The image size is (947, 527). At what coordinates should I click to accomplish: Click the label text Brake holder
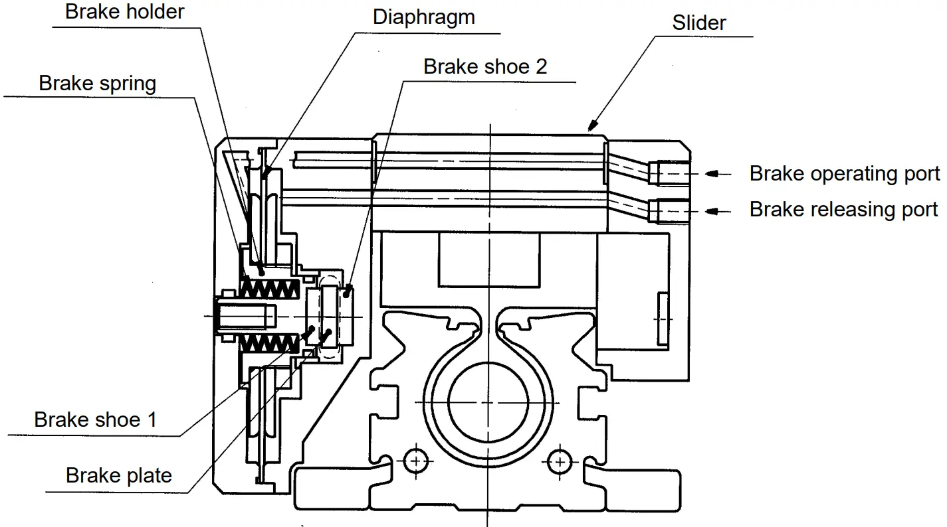[x=124, y=12]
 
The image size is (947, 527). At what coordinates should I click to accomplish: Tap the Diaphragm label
[x=423, y=17]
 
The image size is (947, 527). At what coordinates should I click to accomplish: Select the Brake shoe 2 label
[x=485, y=66]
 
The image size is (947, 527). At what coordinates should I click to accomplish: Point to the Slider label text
[x=699, y=23]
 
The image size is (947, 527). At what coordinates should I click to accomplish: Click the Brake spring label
[x=98, y=84]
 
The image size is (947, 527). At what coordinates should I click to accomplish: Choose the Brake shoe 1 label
[x=96, y=419]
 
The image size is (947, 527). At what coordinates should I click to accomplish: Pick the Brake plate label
[x=118, y=475]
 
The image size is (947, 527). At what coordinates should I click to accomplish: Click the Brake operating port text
[x=844, y=174]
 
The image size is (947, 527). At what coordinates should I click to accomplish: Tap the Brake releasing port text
[x=843, y=210]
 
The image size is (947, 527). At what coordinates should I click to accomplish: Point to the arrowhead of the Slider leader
[x=591, y=125]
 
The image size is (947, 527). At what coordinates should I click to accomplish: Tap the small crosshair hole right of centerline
[x=560, y=459]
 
